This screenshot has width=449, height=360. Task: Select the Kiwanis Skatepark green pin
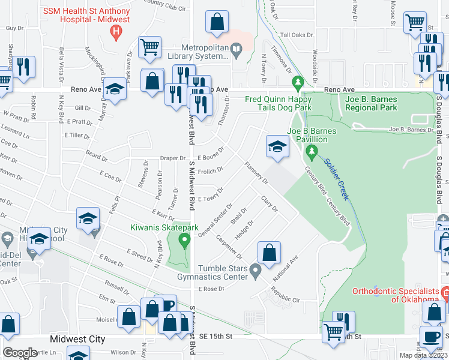[x=185, y=241]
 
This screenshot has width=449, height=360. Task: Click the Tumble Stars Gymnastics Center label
[x=214, y=271]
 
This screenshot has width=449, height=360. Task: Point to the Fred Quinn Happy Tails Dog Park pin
[x=297, y=82]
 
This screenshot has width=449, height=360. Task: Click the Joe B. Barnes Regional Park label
[x=371, y=103]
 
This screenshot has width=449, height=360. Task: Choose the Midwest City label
[x=77, y=339]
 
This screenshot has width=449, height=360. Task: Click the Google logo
[x=20, y=353]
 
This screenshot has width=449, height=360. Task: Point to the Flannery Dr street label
[x=255, y=172]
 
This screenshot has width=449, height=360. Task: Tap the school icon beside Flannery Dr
[x=277, y=147]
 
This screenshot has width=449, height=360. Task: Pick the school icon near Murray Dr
[x=114, y=91]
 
